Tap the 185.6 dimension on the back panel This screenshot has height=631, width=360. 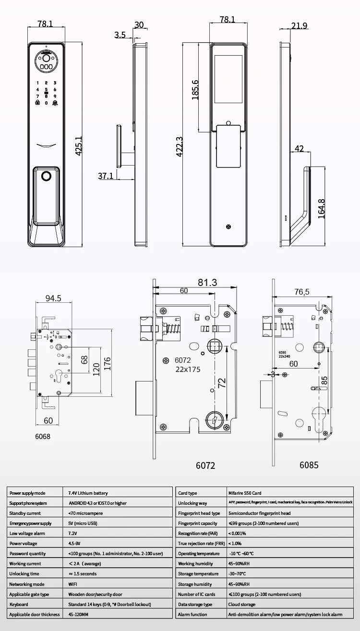point(195,90)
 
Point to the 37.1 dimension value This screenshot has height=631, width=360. point(106,176)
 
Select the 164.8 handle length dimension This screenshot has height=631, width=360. point(322,209)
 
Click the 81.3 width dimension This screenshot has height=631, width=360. point(207,282)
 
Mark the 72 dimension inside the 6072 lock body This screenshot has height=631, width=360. point(222,382)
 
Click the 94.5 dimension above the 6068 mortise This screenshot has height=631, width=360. point(53,298)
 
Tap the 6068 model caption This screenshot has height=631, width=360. point(43,437)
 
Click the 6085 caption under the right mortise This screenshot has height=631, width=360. point(309,465)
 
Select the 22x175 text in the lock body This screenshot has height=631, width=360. point(187,369)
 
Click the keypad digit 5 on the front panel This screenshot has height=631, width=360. point(47,89)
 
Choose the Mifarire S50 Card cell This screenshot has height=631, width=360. point(244,493)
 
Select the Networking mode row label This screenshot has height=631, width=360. point(27,584)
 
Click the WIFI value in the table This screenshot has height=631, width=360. point(73,584)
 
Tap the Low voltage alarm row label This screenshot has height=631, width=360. point(27,533)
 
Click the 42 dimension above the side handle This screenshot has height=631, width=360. point(299,149)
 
